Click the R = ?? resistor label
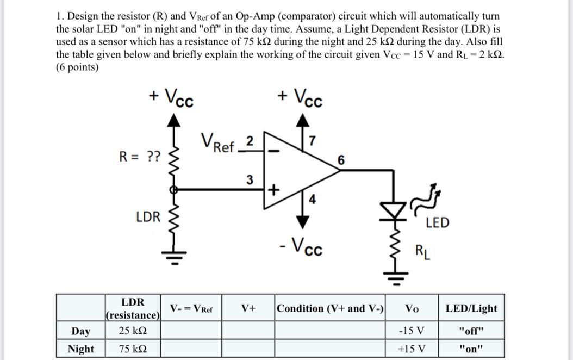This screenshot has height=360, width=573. coord(140,157)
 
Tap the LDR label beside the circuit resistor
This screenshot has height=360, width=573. coord(148,217)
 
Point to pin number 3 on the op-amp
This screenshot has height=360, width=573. coord(250,179)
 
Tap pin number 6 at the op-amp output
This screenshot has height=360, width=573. coord(341,160)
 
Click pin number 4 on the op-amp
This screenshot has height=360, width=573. coord(312,198)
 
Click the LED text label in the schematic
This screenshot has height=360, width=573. coord(437,222)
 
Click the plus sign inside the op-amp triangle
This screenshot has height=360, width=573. coord(274,190)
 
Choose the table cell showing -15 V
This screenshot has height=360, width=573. coord(412,331)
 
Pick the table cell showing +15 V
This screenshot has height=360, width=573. coord(412,349)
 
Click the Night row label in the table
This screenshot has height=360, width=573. coord(80,349)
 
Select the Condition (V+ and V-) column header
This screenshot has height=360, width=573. coord(331,308)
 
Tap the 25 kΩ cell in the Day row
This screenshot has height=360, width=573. coord(132,331)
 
